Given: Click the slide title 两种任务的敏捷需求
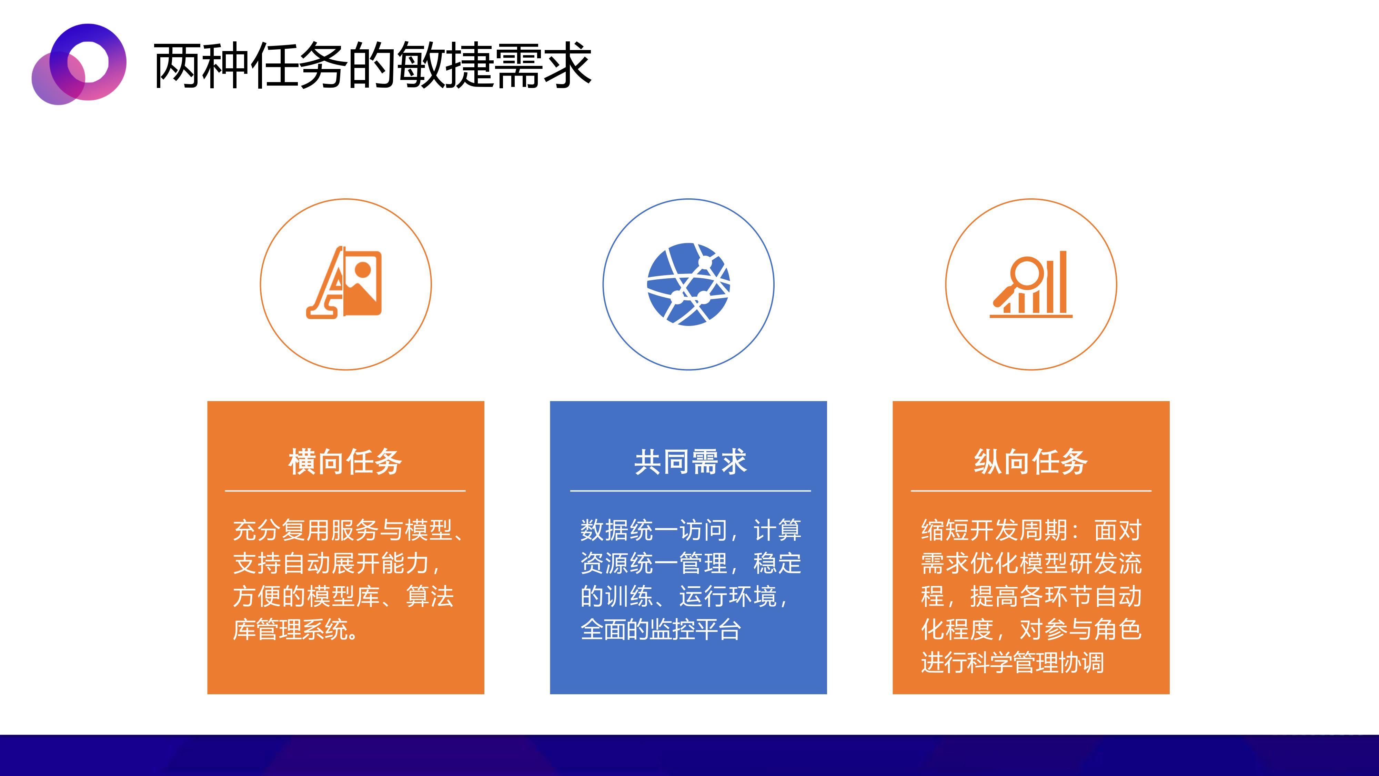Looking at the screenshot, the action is (372, 65).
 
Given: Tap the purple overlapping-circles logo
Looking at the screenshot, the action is (79, 64).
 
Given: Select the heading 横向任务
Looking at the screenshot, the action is (345, 462).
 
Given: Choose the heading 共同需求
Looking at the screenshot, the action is (690, 462).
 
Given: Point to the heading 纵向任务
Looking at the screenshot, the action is (1030, 462).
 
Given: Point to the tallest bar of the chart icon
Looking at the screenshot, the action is (1063, 282).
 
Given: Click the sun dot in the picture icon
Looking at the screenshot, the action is (363, 269).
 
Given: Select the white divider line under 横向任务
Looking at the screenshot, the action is (345, 490).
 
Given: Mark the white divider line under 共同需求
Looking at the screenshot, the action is (691, 490).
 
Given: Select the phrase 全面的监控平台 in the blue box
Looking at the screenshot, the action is (661, 629).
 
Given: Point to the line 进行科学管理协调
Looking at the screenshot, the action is (1012, 663).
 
